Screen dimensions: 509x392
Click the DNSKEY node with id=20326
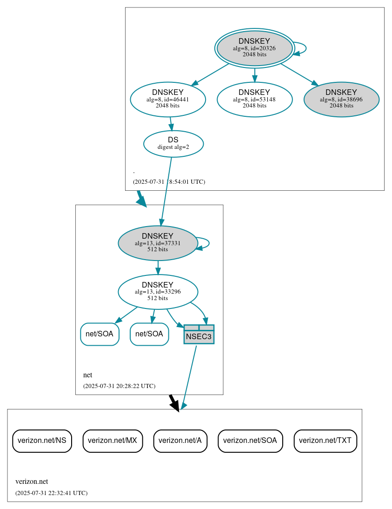pyautogui.click(x=254, y=48)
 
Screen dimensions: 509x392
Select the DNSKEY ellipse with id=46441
pyautogui.click(x=168, y=99)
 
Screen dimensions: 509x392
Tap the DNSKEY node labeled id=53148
pyautogui.click(x=254, y=99)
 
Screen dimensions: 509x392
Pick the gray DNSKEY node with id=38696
pyautogui.click(x=341, y=99)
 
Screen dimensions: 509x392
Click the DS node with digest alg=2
pyautogui.click(x=173, y=144)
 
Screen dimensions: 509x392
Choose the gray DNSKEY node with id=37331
pyautogui.click(x=158, y=243)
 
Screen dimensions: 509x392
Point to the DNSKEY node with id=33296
pyautogui.click(x=158, y=292)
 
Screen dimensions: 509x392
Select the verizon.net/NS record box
pyautogui.click(x=42, y=440)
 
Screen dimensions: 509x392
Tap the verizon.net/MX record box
pyautogui.click(x=113, y=440)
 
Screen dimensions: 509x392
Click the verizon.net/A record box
pyautogui.click(x=180, y=440)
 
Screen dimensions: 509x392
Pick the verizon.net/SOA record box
pyautogui.click(x=250, y=440)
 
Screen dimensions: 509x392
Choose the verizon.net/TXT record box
pyautogui.click(x=326, y=440)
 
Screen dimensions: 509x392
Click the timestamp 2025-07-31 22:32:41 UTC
pyautogui.click(x=51, y=493)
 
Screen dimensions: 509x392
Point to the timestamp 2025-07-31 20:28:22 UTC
pyautogui.click(x=119, y=386)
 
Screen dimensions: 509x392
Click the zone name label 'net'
pyautogui.click(x=87, y=375)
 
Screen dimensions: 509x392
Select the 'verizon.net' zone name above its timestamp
pyautogui.click(x=32, y=482)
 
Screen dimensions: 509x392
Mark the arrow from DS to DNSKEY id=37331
pyautogui.click(x=166, y=191)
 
